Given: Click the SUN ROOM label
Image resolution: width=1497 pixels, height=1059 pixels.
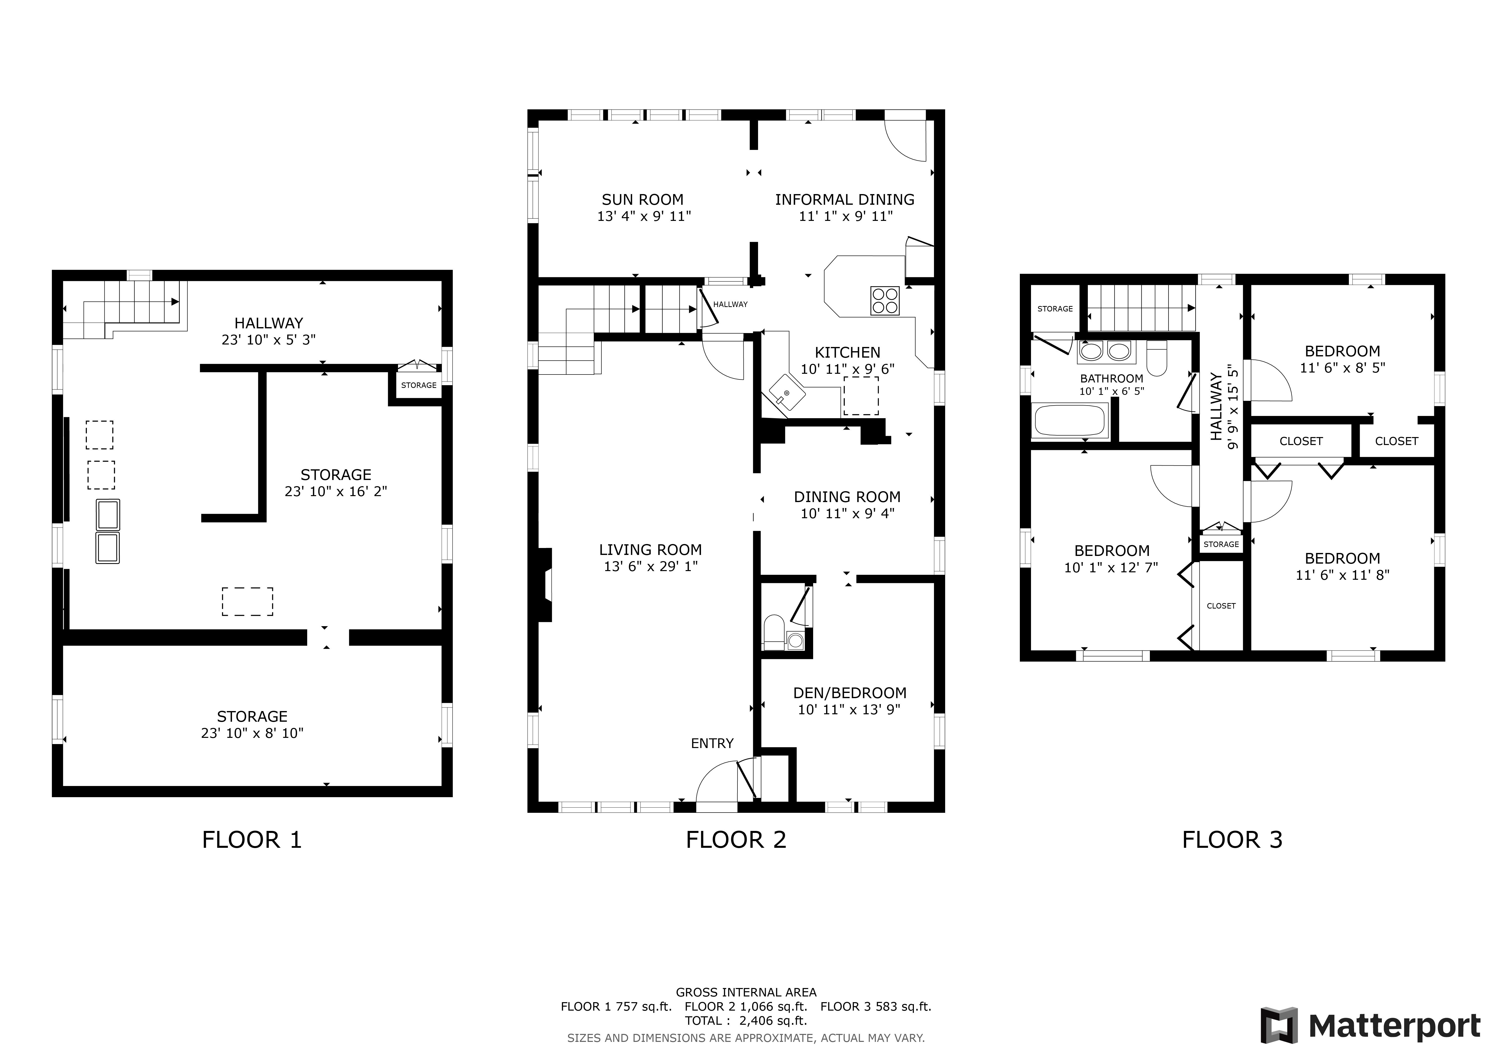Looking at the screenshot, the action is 642,200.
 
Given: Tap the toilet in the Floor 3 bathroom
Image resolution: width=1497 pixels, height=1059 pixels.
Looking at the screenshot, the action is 1157,359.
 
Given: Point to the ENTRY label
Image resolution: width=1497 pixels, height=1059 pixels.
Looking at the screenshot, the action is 712,743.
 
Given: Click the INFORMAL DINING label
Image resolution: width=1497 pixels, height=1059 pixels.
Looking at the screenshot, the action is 844,200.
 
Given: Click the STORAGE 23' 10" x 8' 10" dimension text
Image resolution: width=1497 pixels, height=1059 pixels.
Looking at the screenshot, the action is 252,733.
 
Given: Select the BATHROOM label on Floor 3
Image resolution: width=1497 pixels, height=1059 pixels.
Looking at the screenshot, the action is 1112,378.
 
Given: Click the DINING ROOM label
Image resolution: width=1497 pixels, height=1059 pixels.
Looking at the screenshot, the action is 847,497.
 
